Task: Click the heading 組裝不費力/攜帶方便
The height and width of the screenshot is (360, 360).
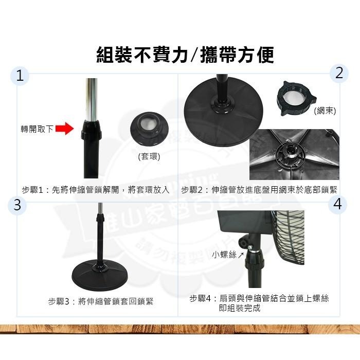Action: [x=185, y=55]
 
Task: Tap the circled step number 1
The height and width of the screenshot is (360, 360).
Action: [x=20, y=76]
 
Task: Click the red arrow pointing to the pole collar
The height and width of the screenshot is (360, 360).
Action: [x=64, y=129]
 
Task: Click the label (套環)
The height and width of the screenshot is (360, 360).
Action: [x=149, y=156]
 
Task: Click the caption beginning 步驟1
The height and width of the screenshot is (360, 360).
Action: [x=96, y=189]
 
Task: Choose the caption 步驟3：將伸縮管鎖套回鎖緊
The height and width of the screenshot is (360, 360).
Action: [x=101, y=301]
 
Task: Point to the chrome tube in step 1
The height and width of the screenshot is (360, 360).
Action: [x=92, y=98]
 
